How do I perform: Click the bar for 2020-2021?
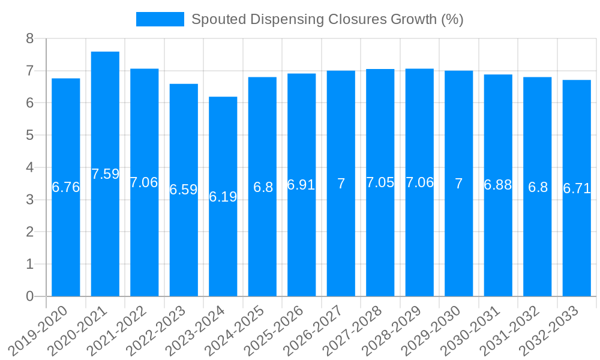(105, 174)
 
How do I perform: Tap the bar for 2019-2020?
(66, 187)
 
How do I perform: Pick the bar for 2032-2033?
(577, 188)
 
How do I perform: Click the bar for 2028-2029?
(419, 182)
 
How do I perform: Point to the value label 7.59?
(105, 174)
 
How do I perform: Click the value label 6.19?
(223, 197)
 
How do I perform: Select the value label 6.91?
(301, 185)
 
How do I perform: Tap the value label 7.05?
(380, 182)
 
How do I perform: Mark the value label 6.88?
(498, 185)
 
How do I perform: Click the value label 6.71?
(577, 188)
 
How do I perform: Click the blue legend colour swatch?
(160, 19)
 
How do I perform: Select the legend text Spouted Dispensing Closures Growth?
(327, 19)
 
